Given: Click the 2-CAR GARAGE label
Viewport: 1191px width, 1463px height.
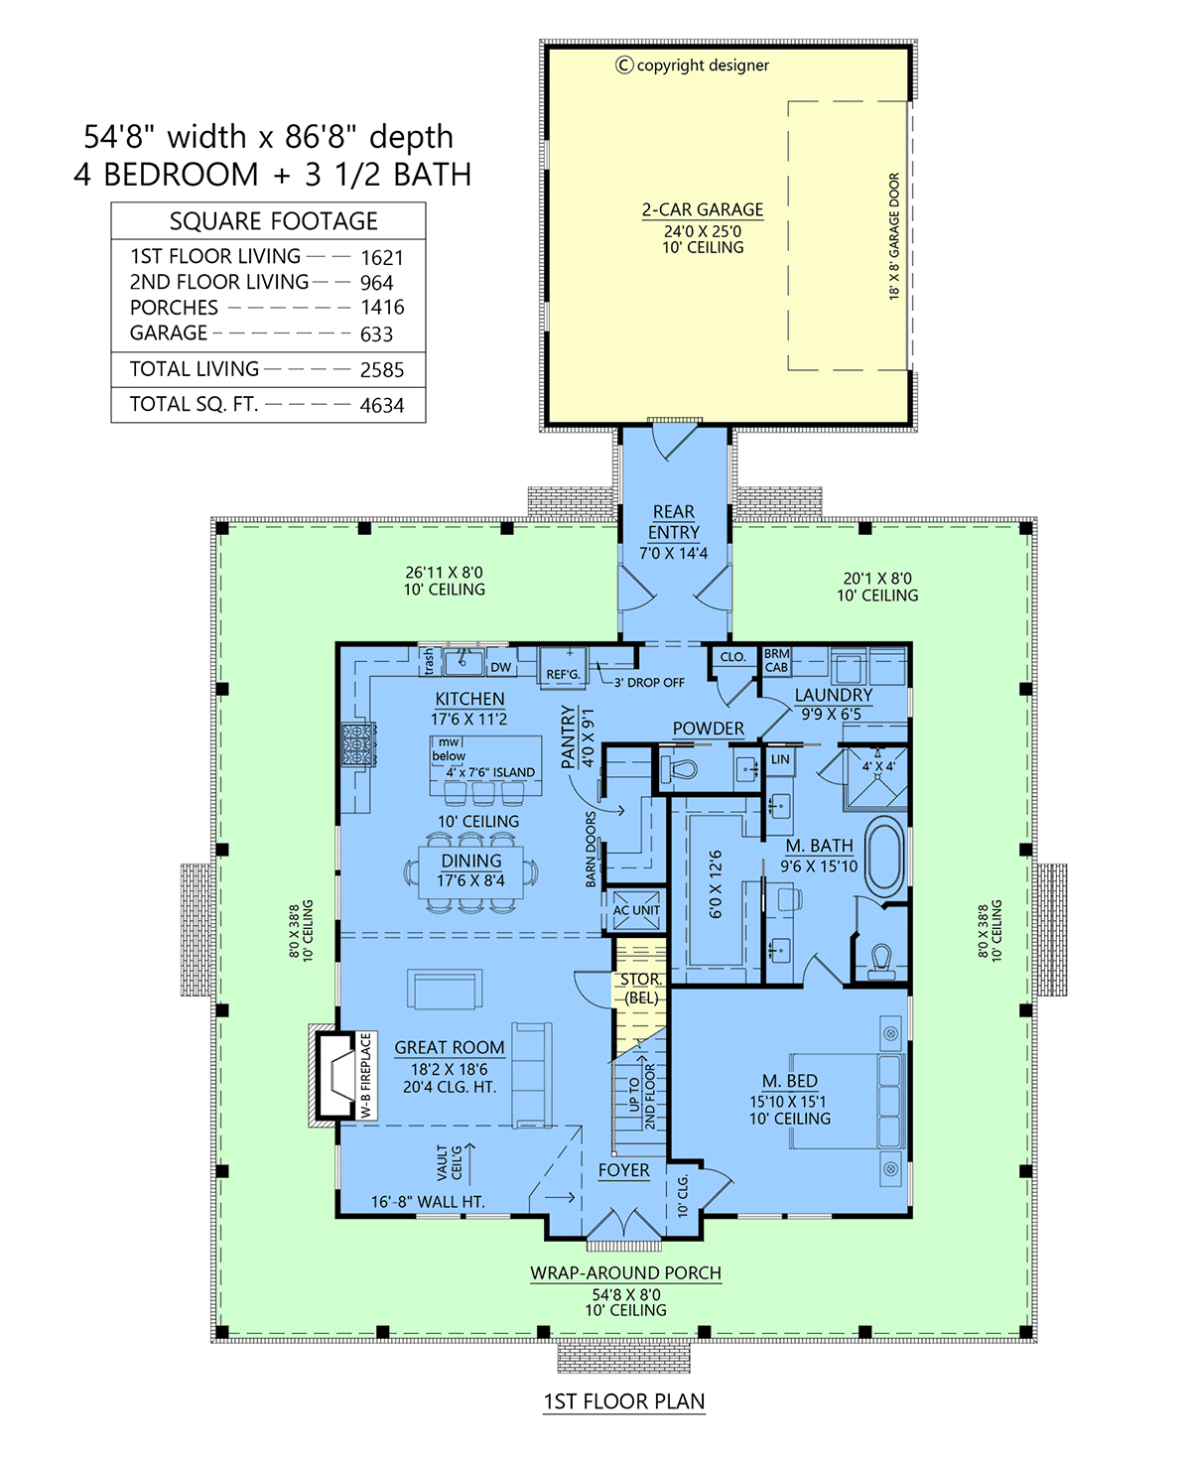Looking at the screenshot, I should point(703,210).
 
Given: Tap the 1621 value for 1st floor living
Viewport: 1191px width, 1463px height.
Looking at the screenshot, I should point(382,258).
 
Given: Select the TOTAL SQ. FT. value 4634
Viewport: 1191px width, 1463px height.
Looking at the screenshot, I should point(382,406).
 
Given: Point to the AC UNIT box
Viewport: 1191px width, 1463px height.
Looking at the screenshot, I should point(636,911).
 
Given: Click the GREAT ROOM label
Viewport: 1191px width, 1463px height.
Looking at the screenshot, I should point(450,1048).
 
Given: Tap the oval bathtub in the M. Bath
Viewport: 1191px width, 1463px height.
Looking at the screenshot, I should point(885,857).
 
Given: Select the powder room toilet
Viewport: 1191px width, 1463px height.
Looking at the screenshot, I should point(684,769).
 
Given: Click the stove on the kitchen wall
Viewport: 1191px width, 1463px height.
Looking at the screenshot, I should point(358,744).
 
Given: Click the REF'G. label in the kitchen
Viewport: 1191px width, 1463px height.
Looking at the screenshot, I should point(563,675).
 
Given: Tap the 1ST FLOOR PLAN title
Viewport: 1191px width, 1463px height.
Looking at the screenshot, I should point(624,1402).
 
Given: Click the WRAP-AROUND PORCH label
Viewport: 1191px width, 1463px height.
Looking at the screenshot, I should point(625,1273).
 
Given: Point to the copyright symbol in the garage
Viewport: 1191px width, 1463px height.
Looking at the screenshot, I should point(624,66).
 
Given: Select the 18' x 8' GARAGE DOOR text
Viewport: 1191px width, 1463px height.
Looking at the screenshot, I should point(894,236).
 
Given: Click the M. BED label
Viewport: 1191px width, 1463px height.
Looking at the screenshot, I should point(790,1082).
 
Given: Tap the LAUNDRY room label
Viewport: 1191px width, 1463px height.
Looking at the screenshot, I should point(834,696).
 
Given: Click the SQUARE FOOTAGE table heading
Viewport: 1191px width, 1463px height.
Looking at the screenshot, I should point(274,221).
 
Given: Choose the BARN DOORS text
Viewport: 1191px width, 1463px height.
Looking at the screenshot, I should point(592,849).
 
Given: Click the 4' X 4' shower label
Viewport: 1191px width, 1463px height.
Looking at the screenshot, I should point(877,766).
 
